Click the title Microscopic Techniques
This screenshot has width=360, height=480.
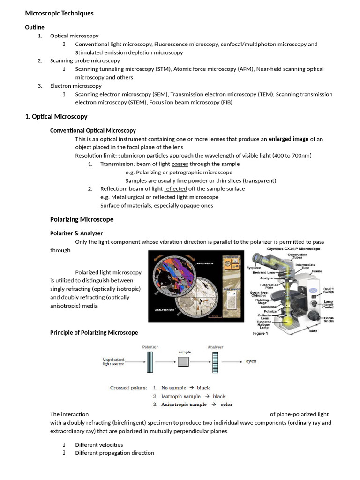pos(59,13)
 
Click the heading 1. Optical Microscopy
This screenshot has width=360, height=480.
pos(56,116)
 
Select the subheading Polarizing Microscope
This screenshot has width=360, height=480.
pos(82,219)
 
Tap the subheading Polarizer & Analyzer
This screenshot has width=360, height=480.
pos(76,233)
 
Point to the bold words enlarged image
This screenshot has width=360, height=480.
pos(288,139)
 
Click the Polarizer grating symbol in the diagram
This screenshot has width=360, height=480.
pos(150,361)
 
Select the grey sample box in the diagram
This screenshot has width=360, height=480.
pos(184,361)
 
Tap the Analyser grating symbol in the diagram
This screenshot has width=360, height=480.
pos(216,361)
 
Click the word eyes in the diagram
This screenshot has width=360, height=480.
pos(251,361)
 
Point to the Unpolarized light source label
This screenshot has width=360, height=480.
pos(113,361)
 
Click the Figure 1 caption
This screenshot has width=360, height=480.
pos(260,334)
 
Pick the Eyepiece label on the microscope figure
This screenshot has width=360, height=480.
pos(253,268)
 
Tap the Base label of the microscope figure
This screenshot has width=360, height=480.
pos(313,331)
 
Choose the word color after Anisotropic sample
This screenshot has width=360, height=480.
pos(226,404)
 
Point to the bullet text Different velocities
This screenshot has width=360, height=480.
pos(99,444)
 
